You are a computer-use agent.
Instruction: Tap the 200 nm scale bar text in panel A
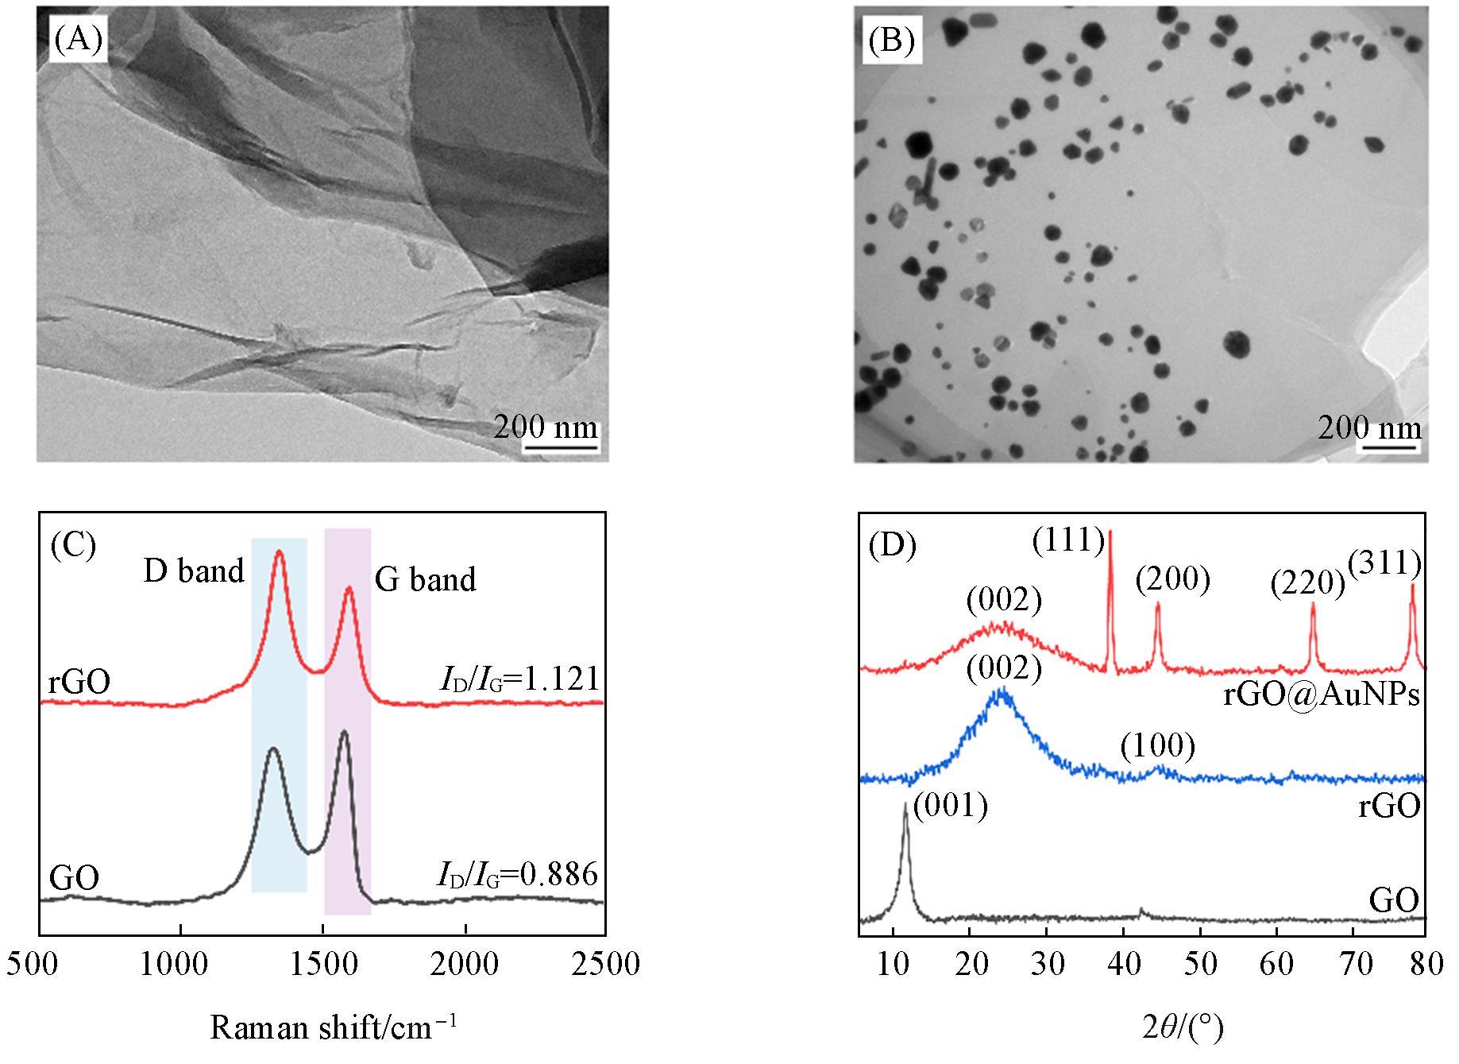coord(545,428)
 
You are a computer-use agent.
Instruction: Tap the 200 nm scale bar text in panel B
coord(1369,428)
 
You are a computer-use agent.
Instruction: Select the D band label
coord(194,571)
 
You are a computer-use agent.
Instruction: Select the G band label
coord(425,580)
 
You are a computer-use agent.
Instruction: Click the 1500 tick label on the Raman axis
coord(322,965)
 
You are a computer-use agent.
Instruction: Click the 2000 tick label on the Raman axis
coord(465,965)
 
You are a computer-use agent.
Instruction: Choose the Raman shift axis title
coord(334,1027)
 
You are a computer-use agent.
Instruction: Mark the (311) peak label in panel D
coord(1384,563)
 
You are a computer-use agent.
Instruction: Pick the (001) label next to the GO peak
coord(951,807)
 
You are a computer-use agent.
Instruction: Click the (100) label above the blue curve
coord(1158,746)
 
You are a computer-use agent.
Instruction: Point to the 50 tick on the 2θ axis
coord(1200,965)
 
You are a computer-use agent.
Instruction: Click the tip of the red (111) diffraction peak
coord(1110,531)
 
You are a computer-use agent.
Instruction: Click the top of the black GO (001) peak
coord(905,804)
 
